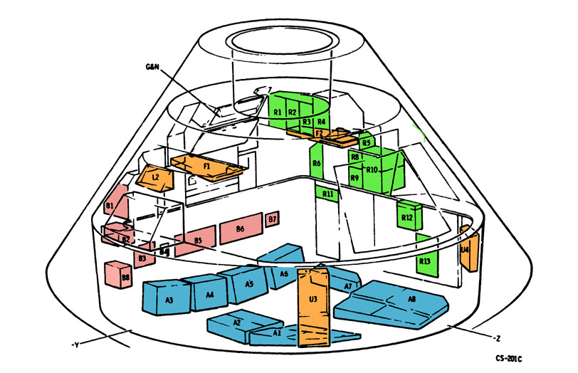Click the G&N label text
152,66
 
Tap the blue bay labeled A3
169,298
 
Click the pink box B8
117,273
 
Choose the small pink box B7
273,219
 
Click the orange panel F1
206,167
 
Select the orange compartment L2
157,175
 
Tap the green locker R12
408,216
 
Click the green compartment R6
317,164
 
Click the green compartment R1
278,112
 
